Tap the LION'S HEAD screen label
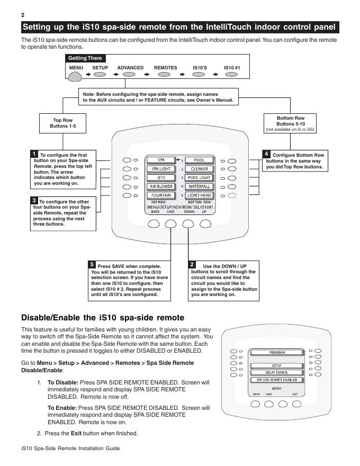pyautogui.click(x=199, y=195)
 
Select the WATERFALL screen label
pyautogui.click(x=199, y=186)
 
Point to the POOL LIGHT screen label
pyautogui.click(x=199, y=178)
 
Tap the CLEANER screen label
pyautogui.click(x=199, y=169)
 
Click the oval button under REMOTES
pyautogui.click(x=165, y=75)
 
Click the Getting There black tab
pyautogui.click(x=85, y=58)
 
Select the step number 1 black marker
pyautogui.click(x=34, y=154)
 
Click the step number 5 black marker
pyautogui.click(x=92, y=264)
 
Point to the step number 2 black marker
pyautogui.click(x=193, y=264)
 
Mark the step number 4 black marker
pyautogui.click(x=267, y=154)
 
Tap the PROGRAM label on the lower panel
pyautogui.click(x=277, y=352)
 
